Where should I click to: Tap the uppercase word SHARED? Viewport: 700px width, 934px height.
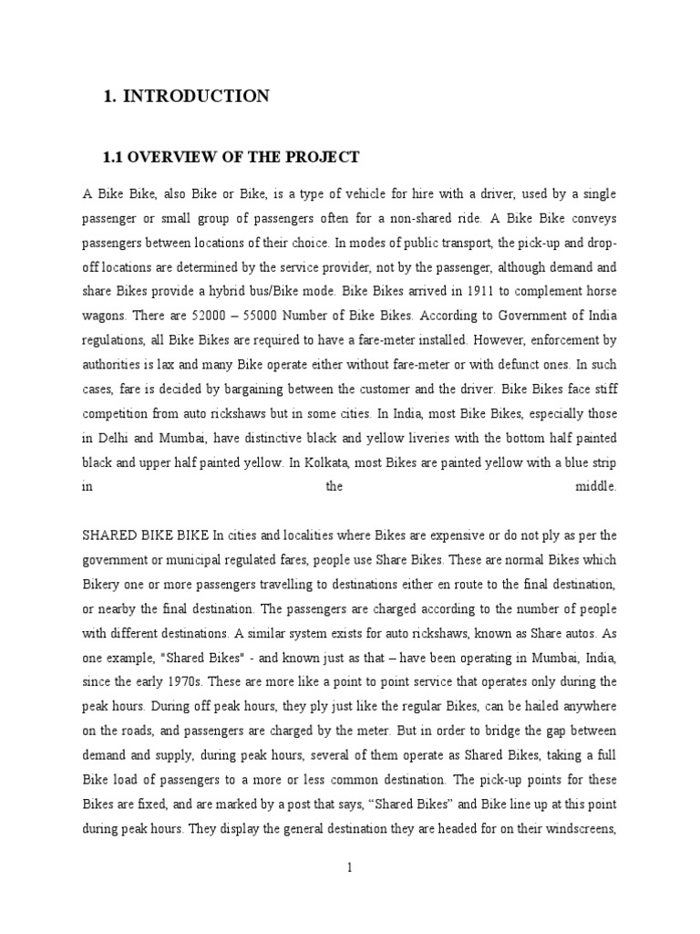tap(110, 535)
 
